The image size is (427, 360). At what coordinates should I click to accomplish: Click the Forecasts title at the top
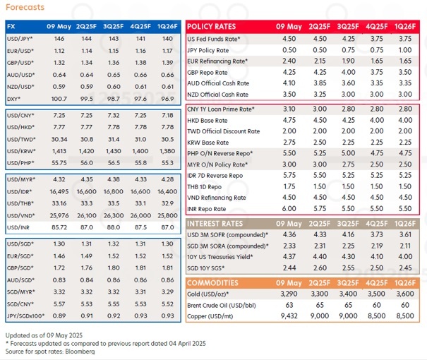[x=23, y=7]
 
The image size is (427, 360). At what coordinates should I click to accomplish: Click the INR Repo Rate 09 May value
[x=289, y=209]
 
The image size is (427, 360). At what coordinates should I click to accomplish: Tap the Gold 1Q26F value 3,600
[x=404, y=293]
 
